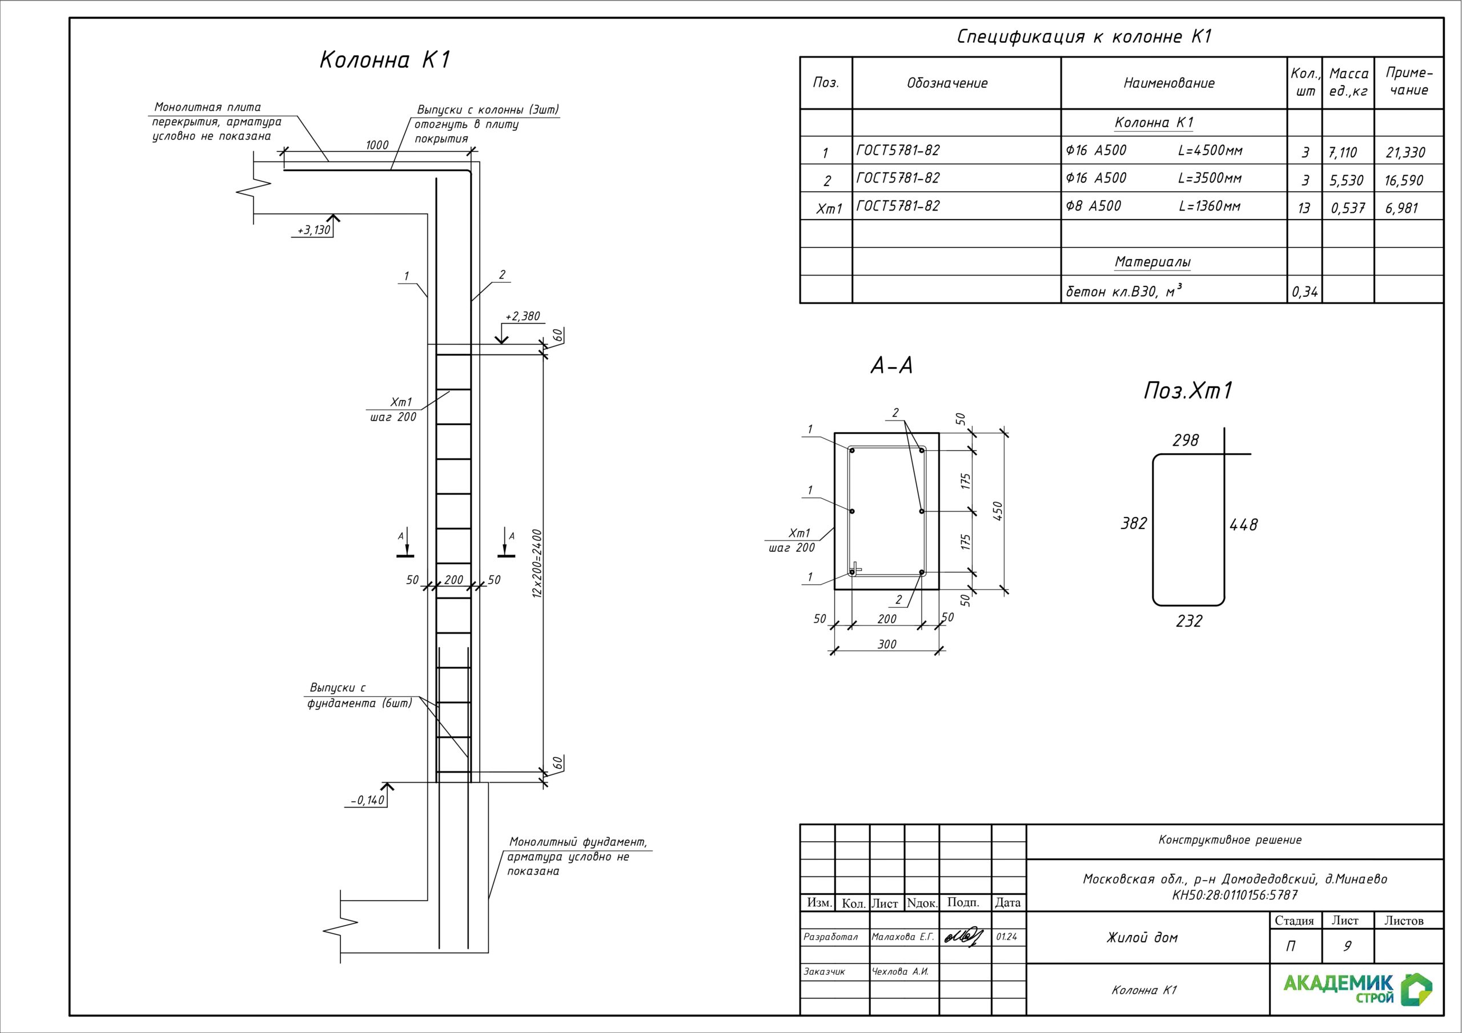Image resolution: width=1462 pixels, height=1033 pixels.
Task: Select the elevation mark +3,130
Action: (x=314, y=230)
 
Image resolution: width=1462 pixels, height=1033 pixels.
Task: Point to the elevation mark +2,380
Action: (x=522, y=316)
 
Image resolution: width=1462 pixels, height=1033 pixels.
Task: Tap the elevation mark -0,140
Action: (x=368, y=800)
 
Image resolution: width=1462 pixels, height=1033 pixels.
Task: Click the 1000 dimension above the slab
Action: (x=377, y=145)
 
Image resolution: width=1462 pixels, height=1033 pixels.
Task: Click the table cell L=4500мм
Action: (x=1210, y=151)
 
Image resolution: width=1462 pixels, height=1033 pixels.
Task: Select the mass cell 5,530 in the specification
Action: (x=1346, y=181)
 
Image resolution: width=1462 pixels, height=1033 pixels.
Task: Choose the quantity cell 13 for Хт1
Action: (x=1304, y=208)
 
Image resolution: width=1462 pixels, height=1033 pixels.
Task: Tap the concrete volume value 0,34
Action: (x=1305, y=292)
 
